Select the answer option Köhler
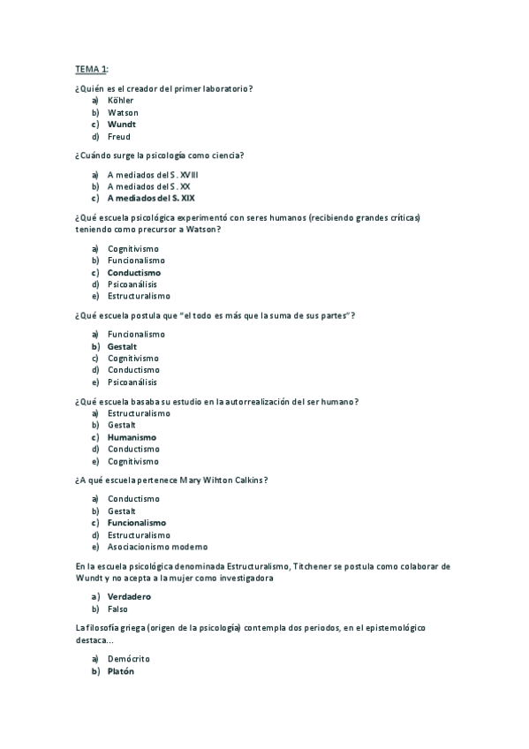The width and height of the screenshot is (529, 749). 120,101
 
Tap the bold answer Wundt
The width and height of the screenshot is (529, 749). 122,125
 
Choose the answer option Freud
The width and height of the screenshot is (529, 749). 118,137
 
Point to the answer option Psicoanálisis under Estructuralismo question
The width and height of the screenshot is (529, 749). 132,284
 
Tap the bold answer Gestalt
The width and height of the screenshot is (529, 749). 122,346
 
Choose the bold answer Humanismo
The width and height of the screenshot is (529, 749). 132,437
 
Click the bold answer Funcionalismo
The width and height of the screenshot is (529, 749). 137,523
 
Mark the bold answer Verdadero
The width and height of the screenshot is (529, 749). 129,597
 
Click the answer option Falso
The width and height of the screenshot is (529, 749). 118,609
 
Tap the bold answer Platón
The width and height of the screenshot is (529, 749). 121,671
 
